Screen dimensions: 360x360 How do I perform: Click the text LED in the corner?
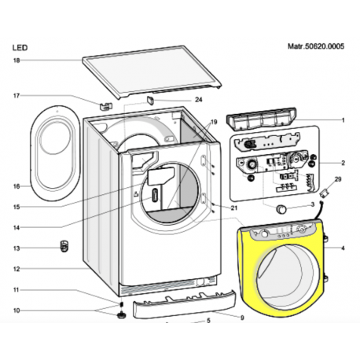tap(20, 48)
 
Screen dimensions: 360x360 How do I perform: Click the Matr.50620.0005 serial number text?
tap(316, 46)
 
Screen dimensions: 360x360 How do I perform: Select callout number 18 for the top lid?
tap(17, 61)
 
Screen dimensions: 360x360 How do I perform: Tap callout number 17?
tap(17, 96)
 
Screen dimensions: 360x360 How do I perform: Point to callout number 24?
tap(199, 100)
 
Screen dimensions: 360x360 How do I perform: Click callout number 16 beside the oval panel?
tap(17, 186)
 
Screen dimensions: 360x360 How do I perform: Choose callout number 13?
tap(17, 248)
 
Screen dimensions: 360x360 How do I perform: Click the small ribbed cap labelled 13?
tap(64, 246)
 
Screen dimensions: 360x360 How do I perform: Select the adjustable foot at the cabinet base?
tap(121, 314)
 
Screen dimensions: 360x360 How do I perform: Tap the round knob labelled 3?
tap(281, 209)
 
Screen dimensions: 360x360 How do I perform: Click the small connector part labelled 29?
tap(323, 194)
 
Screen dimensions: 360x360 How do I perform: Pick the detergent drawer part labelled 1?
tap(261, 119)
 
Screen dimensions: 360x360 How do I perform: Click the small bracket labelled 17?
tap(106, 105)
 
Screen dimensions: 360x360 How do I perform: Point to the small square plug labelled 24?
tap(150, 100)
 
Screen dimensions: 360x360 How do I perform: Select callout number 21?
tap(234, 208)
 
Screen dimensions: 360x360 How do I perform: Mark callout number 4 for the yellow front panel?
tap(343, 248)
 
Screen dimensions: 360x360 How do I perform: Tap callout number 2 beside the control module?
tap(343, 163)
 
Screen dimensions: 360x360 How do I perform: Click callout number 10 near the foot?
tap(17, 310)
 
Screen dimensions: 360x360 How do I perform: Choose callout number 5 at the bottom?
tap(208, 321)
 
